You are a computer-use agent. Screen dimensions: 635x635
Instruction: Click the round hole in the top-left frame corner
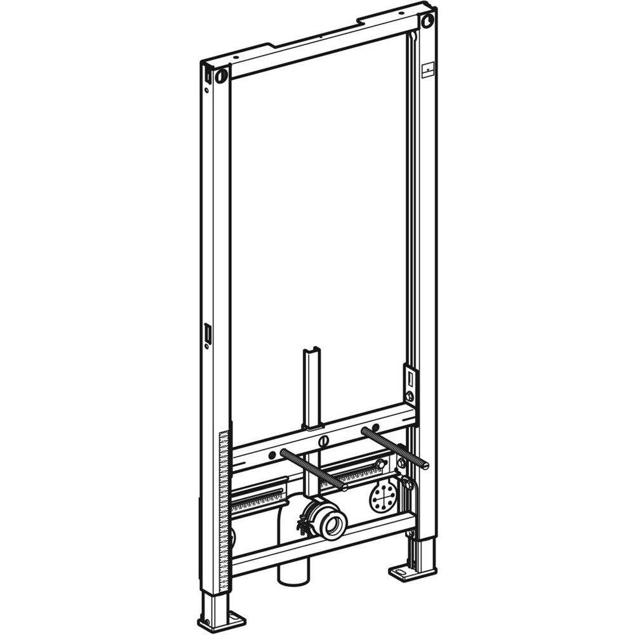[221, 76]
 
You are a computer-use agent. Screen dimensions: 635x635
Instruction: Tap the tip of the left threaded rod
[344, 487]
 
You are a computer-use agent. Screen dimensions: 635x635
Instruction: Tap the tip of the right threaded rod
[425, 466]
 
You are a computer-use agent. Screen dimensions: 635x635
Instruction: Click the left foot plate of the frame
[222, 619]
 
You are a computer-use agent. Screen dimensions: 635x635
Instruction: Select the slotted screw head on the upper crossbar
[324, 440]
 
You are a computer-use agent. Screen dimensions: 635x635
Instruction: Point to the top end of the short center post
[311, 352]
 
